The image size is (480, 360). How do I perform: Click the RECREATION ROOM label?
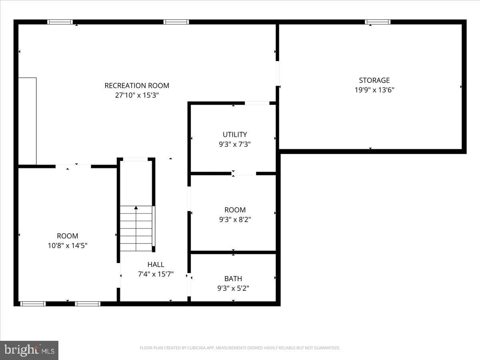click(x=137, y=86)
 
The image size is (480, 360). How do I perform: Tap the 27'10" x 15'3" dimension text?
click(x=137, y=95)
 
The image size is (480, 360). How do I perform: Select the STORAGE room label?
click(x=374, y=80)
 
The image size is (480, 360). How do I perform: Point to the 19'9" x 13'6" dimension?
click(x=374, y=90)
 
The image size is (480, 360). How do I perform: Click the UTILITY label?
click(x=235, y=134)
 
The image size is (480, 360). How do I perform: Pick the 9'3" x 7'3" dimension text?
click(x=235, y=144)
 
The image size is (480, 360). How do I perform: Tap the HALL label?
click(x=156, y=264)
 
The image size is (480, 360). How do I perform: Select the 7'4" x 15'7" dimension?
click(x=156, y=274)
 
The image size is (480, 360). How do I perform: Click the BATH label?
click(x=233, y=279)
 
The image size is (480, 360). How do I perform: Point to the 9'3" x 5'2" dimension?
click(x=233, y=288)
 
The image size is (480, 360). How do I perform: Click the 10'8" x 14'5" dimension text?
click(x=67, y=246)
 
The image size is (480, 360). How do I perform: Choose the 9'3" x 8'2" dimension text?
click(x=235, y=220)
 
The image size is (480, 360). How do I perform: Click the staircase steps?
click(x=136, y=228)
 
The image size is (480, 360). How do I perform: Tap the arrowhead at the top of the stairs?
click(x=136, y=208)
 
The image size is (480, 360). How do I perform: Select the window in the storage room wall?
click(x=378, y=22)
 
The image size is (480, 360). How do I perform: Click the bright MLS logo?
click(x=29, y=350)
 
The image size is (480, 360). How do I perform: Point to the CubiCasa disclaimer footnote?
click(x=240, y=348)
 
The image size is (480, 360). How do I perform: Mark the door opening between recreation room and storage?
click(x=277, y=74)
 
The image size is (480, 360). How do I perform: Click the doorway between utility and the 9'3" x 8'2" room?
click(x=244, y=174)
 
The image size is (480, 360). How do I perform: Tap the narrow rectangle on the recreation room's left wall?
click(x=27, y=121)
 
